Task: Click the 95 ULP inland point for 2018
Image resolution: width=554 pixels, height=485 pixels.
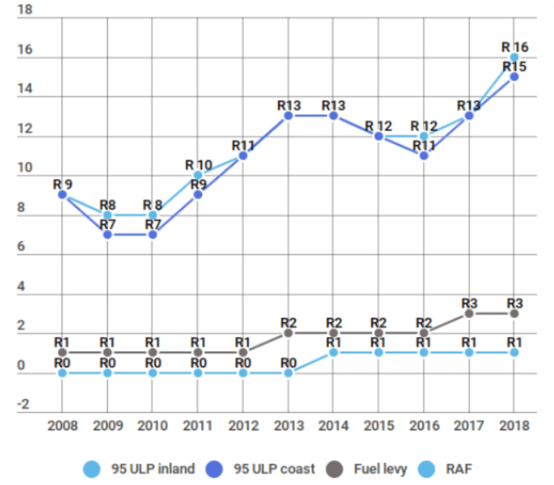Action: tap(514, 57)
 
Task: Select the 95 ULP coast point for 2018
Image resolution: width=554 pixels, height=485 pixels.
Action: tap(514, 77)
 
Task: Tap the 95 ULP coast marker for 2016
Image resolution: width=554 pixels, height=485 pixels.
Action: tap(424, 155)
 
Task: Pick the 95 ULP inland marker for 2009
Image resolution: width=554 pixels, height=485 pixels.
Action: tap(107, 214)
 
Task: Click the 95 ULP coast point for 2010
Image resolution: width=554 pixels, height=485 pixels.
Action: tap(152, 235)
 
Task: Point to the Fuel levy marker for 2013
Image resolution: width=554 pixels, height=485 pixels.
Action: tap(288, 333)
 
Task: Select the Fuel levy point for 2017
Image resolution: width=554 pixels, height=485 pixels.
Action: tap(469, 313)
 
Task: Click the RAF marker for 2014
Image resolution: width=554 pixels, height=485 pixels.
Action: tap(333, 352)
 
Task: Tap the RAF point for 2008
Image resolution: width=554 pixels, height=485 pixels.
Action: tap(62, 372)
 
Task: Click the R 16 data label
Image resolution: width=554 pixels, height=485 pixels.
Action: tap(514, 45)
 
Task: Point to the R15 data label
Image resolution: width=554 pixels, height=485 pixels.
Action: tap(514, 67)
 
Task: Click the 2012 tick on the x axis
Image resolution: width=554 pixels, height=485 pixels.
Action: tap(243, 427)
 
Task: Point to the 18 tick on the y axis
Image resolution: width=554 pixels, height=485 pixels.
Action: tap(25, 10)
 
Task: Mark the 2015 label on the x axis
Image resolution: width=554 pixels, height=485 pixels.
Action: tap(379, 427)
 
